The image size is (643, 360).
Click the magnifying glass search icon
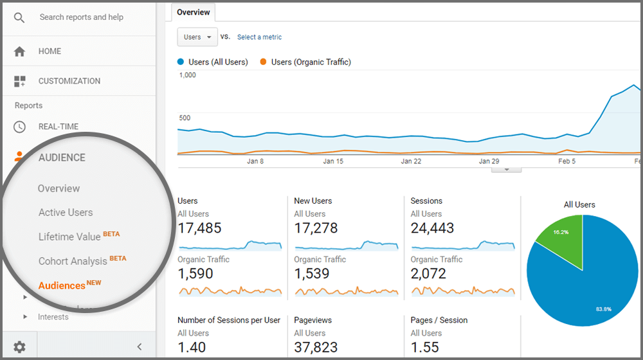click(19, 17)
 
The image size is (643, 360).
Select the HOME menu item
click(50, 51)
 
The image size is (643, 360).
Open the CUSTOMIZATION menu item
click(69, 81)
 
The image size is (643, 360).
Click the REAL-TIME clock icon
click(19, 127)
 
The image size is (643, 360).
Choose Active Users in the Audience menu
click(66, 212)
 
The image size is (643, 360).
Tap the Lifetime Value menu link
click(69, 237)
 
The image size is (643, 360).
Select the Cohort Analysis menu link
click(73, 261)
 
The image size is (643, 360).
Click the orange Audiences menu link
click(62, 285)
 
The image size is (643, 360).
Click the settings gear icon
click(19, 347)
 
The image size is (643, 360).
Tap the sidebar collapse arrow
click(140, 347)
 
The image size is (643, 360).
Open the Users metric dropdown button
click(197, 37)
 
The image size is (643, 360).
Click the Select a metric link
click(259, 37)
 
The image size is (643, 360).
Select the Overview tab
click(194, 12)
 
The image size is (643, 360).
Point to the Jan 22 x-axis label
click(411, 161)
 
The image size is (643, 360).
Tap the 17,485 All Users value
click(199, 228)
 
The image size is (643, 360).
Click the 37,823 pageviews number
click(316, 347)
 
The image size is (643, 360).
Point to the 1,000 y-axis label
click(188, 75)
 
